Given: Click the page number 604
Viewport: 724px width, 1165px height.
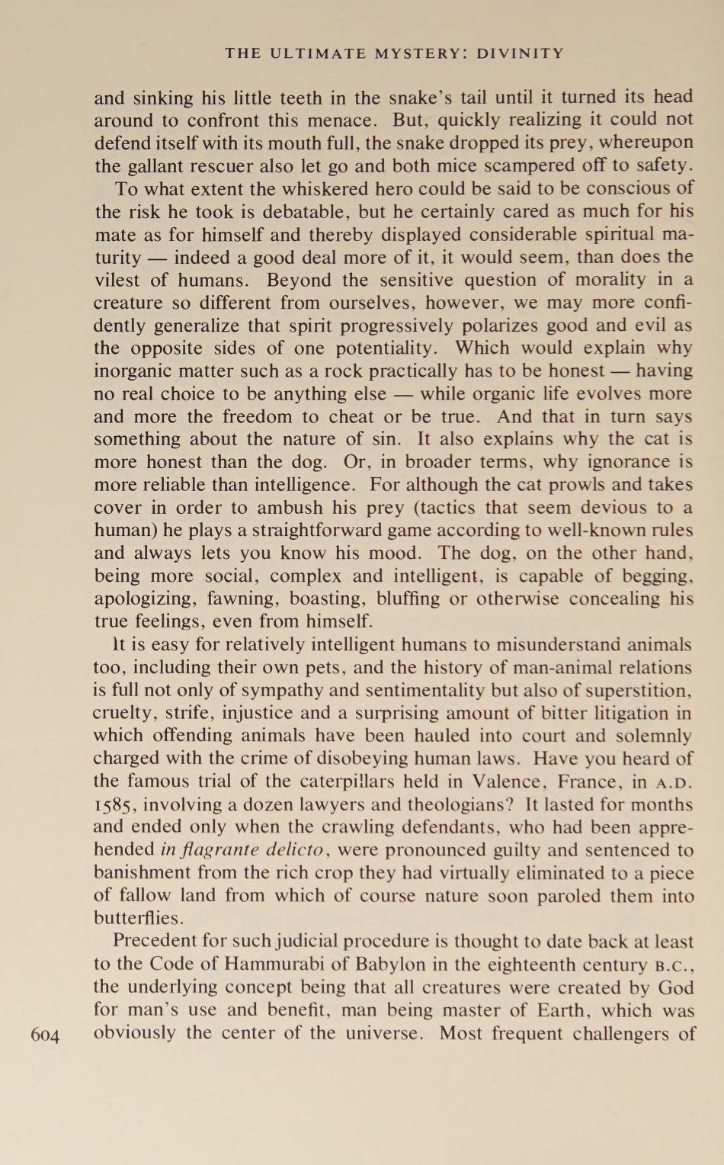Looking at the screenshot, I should [45, 1035].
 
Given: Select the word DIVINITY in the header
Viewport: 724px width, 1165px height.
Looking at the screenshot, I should [525, 53].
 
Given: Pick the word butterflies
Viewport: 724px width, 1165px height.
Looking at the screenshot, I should [137, 918].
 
